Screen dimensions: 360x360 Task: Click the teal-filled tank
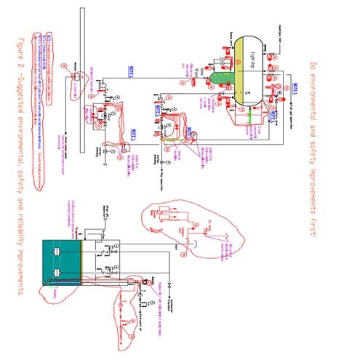click(x=62, y=265)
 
